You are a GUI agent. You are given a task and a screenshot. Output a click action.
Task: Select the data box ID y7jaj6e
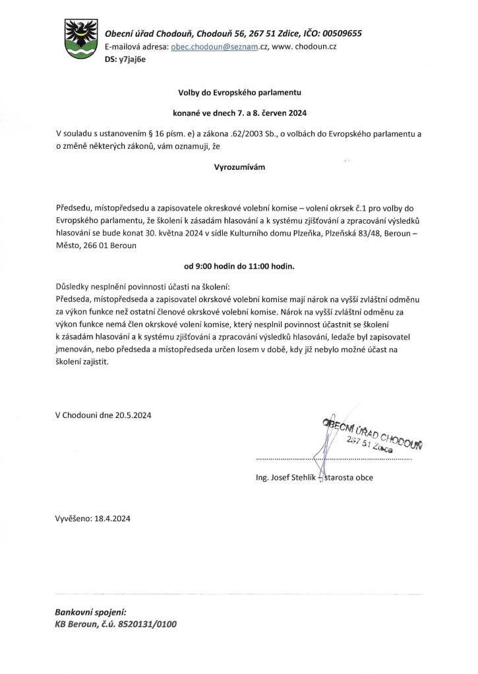coord(133,59)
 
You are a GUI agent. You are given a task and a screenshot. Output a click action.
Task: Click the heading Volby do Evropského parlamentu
coord(239,93)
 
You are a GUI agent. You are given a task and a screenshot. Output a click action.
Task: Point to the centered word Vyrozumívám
coord(239,167)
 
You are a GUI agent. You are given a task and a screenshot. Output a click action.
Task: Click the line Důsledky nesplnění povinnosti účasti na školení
coord(142,288)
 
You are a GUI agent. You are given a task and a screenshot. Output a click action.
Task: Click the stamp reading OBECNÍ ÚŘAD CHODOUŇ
coord(372,434)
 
